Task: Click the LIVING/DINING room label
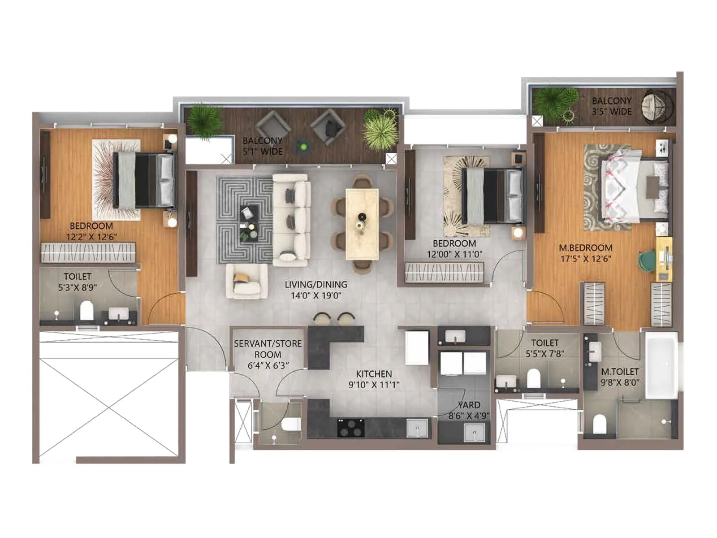tap(316, 285)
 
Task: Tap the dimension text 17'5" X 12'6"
tap(585, 259)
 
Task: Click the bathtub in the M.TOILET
tap(661, 365)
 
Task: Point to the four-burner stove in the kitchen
tap(350, 428)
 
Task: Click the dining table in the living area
tap(362, 224)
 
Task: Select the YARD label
tap(469, 405)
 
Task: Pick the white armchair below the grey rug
tap(247, 281)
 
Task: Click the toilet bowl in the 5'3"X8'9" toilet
tap(86, 310)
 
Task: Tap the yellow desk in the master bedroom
tap(664, 259)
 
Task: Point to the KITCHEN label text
tap(374, 374)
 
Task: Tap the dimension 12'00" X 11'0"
tap(454, 254)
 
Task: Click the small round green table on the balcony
tap(303, 146)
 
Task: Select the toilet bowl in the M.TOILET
tap(599, 424)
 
